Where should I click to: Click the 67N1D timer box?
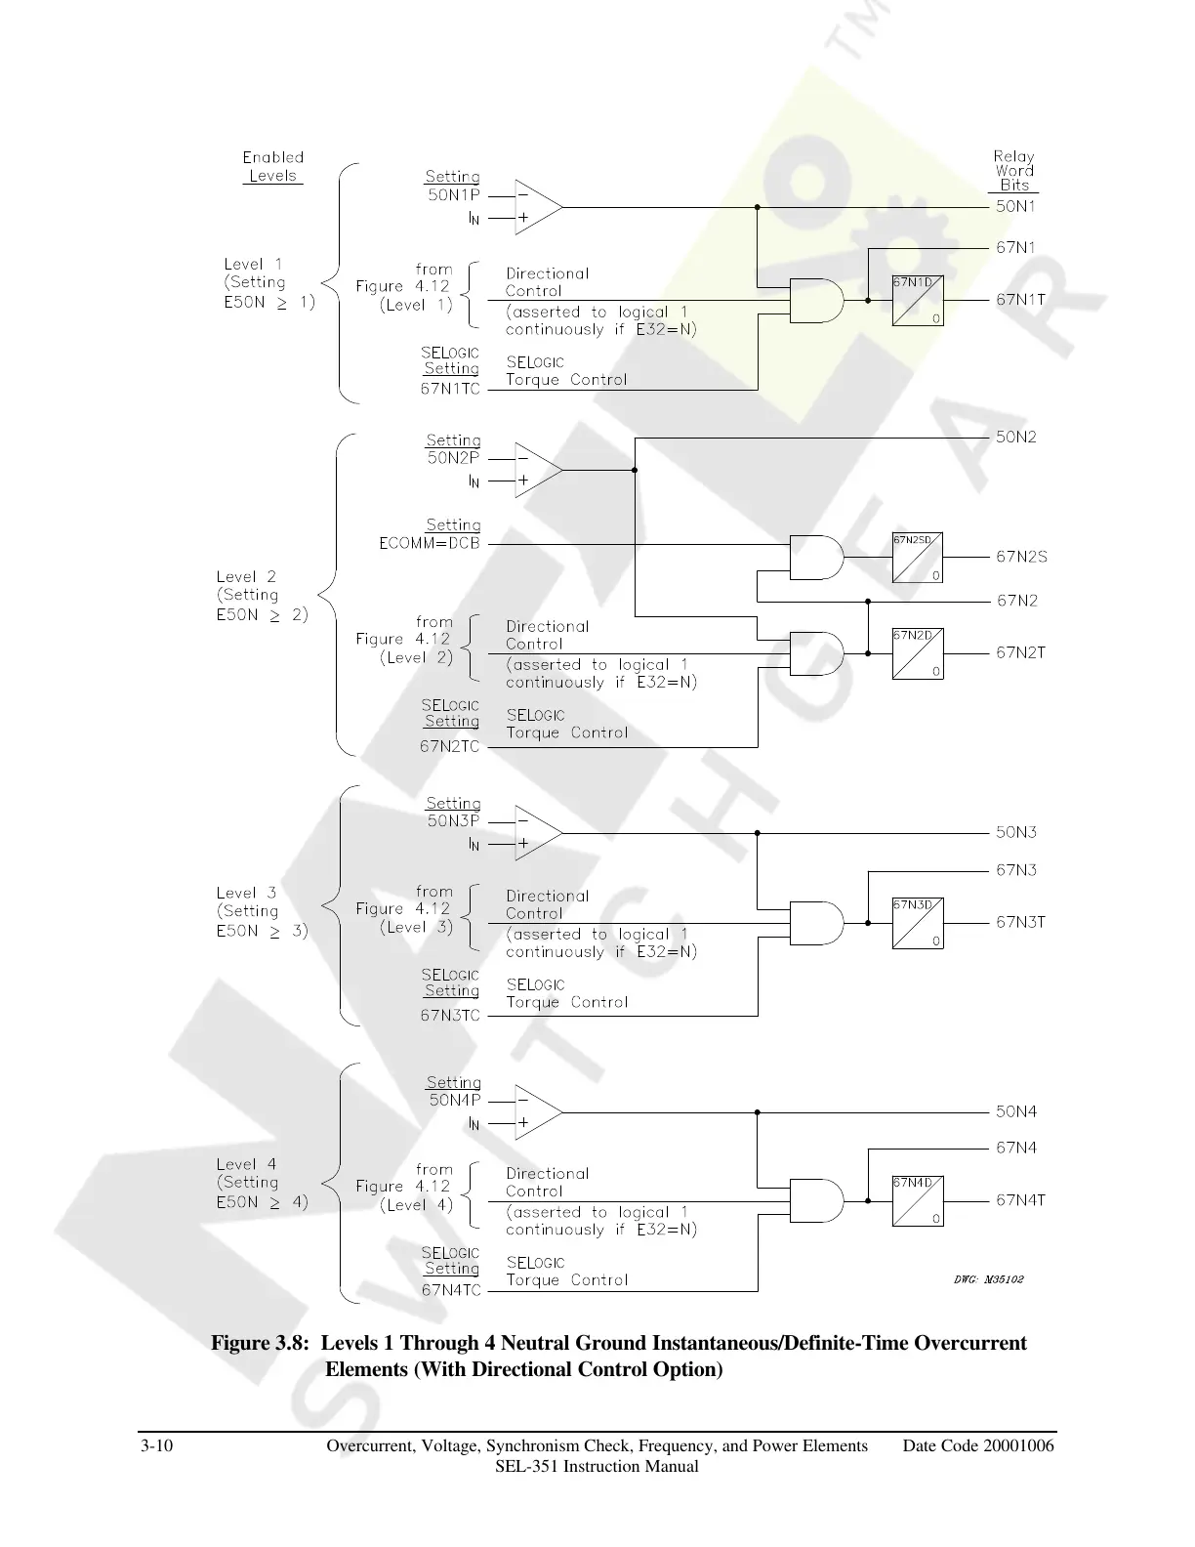pos(918,301)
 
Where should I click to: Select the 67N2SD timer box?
pos(918,557)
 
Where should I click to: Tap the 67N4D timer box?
pos(918,1200)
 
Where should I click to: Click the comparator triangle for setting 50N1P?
pos(538,207)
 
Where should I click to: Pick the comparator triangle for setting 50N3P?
pos(538,833)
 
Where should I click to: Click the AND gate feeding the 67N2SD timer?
pos(816,557)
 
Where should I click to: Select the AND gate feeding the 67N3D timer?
pos(816,923)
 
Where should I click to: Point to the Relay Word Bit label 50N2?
pos(1015,438)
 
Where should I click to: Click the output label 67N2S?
pos(1021,557)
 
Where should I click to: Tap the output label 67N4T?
pos(1020,1200)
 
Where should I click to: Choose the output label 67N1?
pos(1015,248)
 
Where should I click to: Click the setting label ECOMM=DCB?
pos(430,544)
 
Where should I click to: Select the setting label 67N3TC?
pos(450,1016)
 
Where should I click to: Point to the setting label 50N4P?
pos(455,1101)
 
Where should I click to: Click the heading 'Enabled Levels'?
pos(273,167)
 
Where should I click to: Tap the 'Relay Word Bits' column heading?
pos(1014,171)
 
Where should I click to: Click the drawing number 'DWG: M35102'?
pos(989,1278)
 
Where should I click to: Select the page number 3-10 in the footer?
pos(156,1446)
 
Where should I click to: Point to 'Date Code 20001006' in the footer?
pos(978,1446)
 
